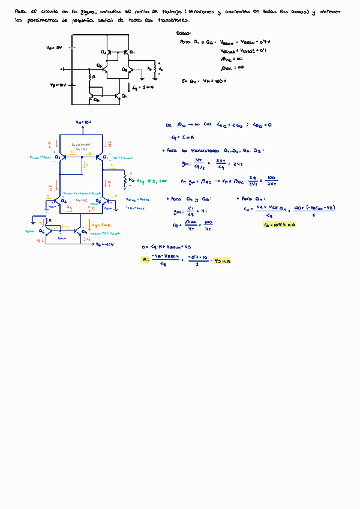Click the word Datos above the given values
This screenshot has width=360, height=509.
click(x=184, y=34)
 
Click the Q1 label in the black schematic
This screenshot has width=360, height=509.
click(x=131, y=53)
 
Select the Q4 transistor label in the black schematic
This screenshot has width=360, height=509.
click(x=124, y=96)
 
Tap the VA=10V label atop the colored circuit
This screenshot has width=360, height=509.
click(x=83, y=121)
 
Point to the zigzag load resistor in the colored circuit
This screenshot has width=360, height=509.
click(x=124, y=179)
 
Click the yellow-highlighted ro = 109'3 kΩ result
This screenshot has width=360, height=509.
click(x=280, y=224)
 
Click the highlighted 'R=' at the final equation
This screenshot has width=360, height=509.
click(x=145, y=260)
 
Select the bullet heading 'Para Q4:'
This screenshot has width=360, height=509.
click(x=251, y=198)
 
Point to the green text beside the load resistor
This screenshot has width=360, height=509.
click(x=148, y=179)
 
